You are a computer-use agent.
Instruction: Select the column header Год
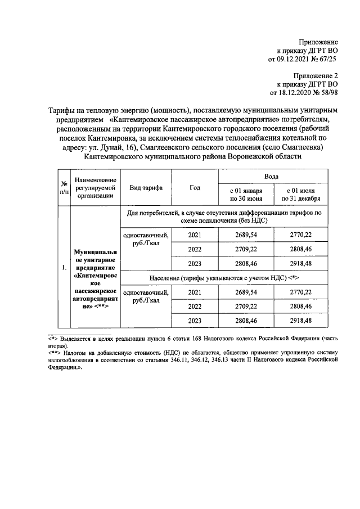coord(195,188)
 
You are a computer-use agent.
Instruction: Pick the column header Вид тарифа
coord(146,188)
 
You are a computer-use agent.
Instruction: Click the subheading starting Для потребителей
coord(223,217)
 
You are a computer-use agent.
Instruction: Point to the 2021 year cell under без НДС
coord(195,235)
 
